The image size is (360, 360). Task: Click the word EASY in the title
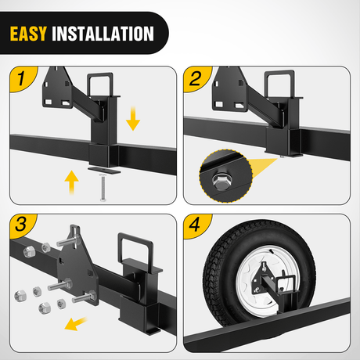(29, 34)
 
